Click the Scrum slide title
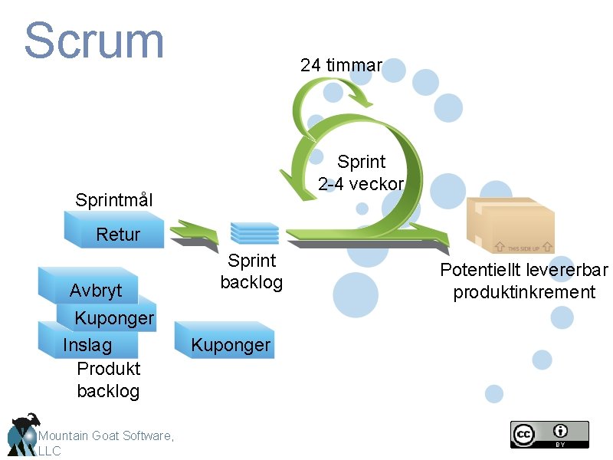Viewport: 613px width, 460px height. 94,41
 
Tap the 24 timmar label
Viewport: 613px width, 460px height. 341,65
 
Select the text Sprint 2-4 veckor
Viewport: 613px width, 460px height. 361,173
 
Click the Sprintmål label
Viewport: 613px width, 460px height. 114,201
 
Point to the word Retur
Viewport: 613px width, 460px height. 118,235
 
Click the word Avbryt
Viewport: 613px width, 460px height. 95,291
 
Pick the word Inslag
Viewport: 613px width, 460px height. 87,345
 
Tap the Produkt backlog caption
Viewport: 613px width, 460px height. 108,379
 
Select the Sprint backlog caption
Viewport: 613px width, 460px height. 251,271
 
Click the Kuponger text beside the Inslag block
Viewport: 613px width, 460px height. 231,345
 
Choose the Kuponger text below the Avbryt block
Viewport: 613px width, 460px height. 114,318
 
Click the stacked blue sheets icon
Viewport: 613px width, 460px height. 254,232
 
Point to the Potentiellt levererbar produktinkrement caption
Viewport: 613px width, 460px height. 524,281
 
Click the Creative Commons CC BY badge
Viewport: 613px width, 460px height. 549,434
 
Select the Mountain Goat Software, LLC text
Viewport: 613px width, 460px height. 106,442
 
